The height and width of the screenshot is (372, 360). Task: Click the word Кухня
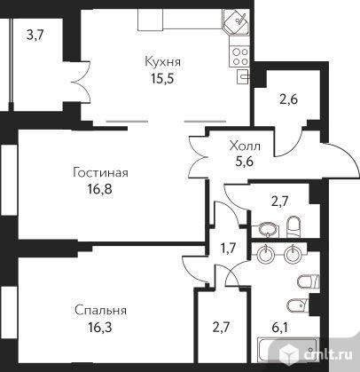point(162,62)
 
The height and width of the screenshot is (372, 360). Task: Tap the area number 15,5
point(162,78)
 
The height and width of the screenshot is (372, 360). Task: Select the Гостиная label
point(101,173)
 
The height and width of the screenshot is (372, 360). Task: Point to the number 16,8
point(100,189)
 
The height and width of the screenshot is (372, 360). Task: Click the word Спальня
point(100,311)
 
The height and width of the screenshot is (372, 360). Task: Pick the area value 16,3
point(100,328)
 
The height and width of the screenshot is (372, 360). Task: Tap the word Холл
point(245,146)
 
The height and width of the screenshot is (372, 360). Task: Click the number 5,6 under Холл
point(246,162)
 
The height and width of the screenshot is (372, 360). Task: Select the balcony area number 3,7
point(35,36)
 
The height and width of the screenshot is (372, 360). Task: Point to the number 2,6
point(288,99)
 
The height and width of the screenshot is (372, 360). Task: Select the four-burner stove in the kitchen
point(239,57)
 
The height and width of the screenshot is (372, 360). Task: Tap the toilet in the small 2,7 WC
point(293,226)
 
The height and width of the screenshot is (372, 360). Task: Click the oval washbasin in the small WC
point(269,229)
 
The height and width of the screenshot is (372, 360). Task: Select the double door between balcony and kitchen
point(82,82)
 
